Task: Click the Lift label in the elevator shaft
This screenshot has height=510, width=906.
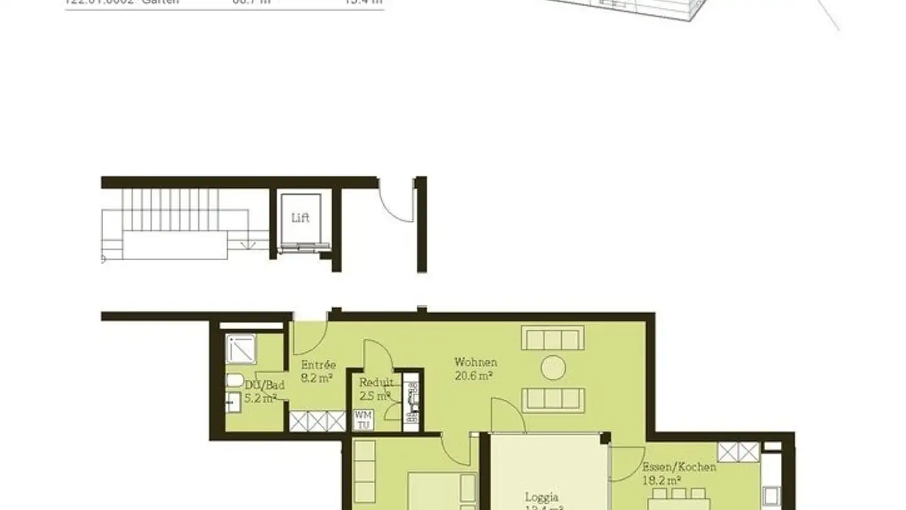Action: (300, 218)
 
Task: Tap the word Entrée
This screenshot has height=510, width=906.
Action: (318, 365)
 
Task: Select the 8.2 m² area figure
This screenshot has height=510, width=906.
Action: (316, 378)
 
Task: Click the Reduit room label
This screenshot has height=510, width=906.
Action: (376, 383)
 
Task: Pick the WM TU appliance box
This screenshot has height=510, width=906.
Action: (363, 420)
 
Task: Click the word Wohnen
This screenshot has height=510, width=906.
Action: (476, 363)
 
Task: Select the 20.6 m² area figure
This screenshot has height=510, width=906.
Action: (473, 376)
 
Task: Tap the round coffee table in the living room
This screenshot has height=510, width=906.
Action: (553, 368)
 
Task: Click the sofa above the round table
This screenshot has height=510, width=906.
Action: (552, 338)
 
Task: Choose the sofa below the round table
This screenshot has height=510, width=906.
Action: (553, 400)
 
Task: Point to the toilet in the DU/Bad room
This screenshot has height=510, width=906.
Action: (234, 380)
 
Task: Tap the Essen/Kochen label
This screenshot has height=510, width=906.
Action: (679, 467)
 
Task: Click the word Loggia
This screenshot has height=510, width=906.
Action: (541, 497)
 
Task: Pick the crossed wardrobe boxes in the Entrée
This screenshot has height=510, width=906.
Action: (317, 421)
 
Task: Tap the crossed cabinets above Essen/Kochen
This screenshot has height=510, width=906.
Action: (739, 451)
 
